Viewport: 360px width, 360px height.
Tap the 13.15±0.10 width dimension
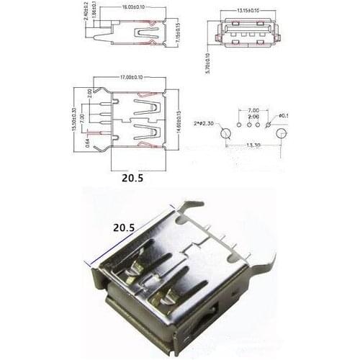pos(243,11)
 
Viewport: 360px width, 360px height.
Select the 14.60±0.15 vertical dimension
pos(178,121)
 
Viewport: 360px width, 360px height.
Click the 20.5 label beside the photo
pos(124,226)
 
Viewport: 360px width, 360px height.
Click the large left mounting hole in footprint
pos(226,133)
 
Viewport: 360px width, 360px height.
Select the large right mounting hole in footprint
pos(281,133)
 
